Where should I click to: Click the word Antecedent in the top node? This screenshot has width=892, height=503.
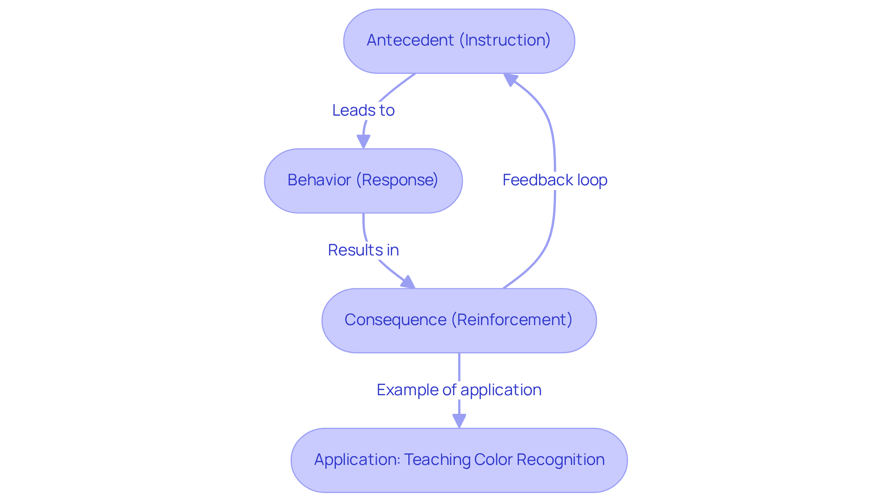[x=410, y=40]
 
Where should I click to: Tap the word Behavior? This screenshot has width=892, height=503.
[x=319, y=180]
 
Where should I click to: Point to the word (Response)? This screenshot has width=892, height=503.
[x=397, y=180]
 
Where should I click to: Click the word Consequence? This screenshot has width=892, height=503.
[x=395, y=320]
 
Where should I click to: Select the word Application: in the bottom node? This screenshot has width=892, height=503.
[x=357, y=460]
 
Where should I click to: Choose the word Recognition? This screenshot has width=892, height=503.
[x=560, y=460]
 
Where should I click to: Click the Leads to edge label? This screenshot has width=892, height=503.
[x=363, y=111]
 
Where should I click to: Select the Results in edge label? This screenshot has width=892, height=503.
[x=363, y=250]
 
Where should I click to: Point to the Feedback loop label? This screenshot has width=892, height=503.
[x=555, y=180]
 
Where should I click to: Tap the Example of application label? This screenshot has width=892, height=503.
[x=459, y=390]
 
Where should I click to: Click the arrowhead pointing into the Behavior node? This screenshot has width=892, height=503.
[x=363, y=141]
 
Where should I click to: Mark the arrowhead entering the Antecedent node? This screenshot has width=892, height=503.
[x=510, y=79]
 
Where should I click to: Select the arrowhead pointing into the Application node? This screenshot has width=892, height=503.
[x=459, y=421]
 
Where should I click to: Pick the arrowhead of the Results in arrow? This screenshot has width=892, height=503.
[x=408, y=282]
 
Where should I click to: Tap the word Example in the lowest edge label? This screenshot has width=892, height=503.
[x=408, y=390]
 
